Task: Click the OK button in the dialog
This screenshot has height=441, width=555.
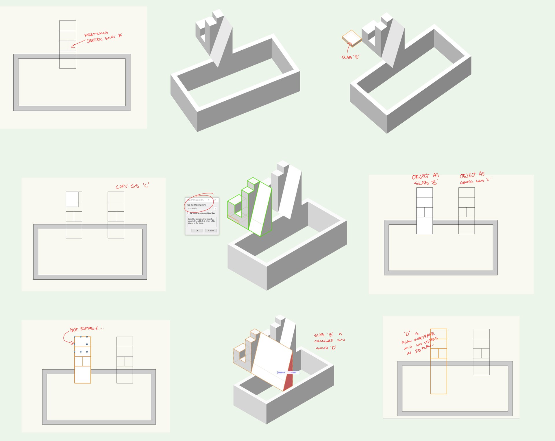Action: click(197, 230)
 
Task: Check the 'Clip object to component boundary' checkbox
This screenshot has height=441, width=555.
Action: click(188, 213)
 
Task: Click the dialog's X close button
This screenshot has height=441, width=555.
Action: click(215, 200)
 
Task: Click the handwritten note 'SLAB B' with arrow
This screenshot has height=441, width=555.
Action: click(350, 57)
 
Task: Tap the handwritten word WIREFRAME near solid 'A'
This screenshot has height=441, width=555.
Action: click(96, 34)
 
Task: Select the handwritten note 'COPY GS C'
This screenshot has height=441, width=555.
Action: click(132, 186)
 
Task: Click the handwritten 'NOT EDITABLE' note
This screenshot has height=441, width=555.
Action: click(84, 329)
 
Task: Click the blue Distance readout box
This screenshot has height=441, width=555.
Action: click(288, 372)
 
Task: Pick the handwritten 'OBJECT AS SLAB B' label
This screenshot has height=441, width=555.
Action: click(425, 179)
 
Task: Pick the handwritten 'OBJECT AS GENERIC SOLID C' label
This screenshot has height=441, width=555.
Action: click(474, 178)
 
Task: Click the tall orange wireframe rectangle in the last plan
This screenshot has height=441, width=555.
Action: click(439, 376)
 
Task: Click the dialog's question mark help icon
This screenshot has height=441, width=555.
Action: click(208, 200)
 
